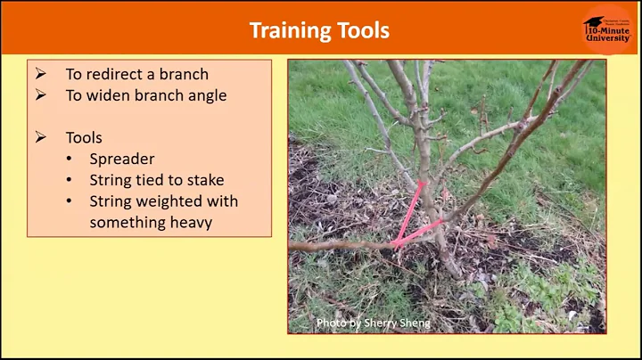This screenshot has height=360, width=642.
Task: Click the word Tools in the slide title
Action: coord(361,30)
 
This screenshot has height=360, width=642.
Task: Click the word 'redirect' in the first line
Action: coord(117,75)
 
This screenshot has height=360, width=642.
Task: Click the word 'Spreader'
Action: coord(122,160)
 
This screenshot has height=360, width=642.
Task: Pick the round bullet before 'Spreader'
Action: coord(70,160)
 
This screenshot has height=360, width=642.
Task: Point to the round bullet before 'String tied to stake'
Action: coord(70,180)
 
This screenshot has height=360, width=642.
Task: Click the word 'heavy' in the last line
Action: coord(189,223)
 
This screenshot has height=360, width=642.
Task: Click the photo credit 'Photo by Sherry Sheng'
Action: coord(373,323)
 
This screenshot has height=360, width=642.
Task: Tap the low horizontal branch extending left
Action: coord(339,246)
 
